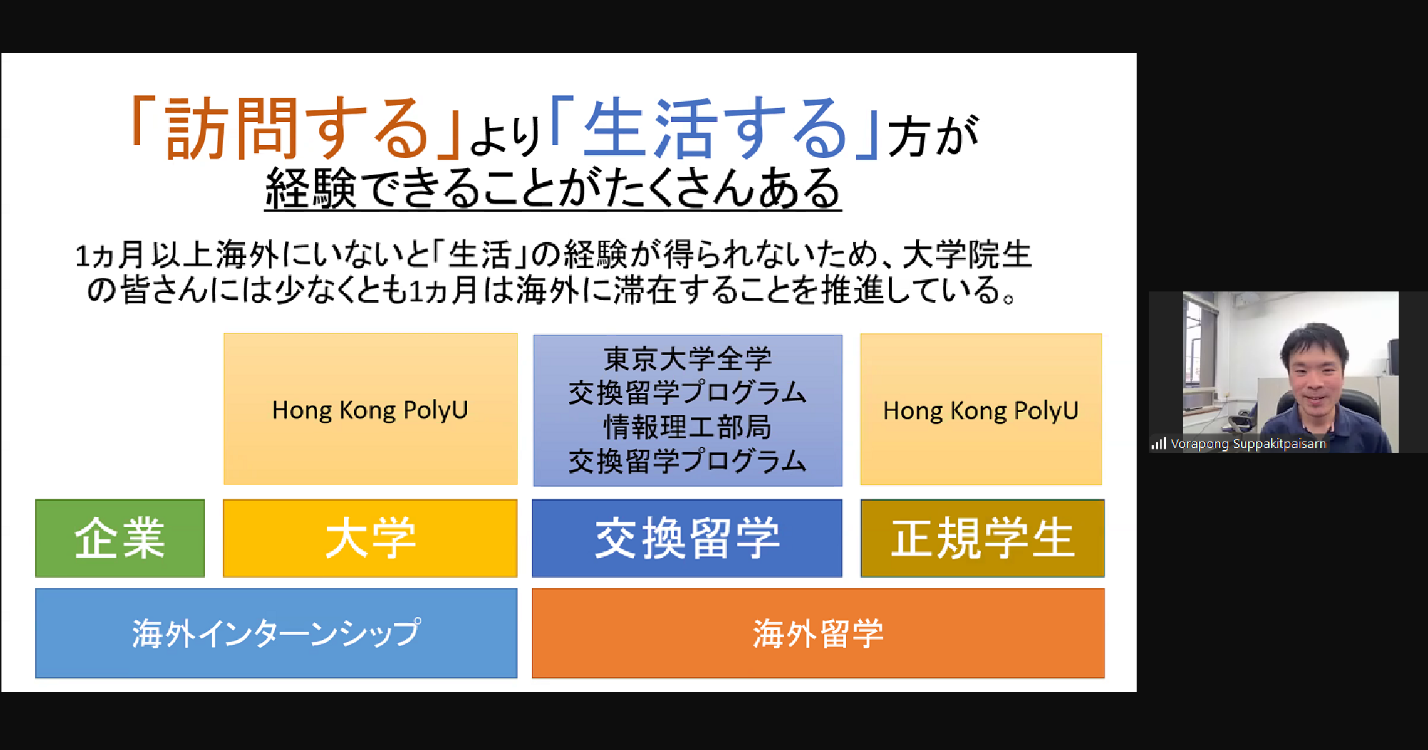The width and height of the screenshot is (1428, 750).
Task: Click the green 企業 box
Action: click(120, 538)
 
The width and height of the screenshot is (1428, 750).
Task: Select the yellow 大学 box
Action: click(370, 538)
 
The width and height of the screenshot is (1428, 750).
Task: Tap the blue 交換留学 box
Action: click(687, 538)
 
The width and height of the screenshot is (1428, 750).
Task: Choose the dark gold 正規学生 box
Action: click(982, 538)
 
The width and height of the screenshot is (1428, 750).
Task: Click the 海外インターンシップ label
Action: click(276, 633)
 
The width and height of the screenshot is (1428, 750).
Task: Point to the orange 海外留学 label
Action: click(818, 633)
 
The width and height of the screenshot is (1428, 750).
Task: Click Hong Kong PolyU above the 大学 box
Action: click(370, 410)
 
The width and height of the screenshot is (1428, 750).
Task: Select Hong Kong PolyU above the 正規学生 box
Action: click(980, 411)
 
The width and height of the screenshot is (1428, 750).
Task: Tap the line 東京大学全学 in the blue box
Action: click(688, 359)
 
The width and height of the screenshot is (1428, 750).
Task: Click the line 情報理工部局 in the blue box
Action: click(688, 427)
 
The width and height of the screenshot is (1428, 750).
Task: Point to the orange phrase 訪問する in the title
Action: click(296, 129)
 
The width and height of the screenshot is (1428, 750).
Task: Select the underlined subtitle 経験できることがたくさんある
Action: click(553, 189)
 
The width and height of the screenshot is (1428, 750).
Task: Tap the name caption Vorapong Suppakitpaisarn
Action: click(1248, 444)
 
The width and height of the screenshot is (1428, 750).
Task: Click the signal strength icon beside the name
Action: click(1158, 444)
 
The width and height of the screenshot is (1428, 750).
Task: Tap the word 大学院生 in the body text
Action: click(967, 255)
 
